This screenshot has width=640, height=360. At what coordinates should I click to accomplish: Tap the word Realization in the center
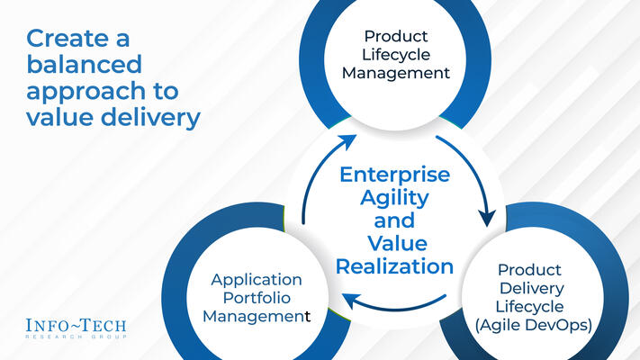391,266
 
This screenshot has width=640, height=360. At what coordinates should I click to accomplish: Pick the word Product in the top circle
405,37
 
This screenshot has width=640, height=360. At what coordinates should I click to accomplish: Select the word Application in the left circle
257,279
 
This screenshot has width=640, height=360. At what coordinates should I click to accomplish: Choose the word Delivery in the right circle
532,289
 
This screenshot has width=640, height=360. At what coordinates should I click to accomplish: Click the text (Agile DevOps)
532,327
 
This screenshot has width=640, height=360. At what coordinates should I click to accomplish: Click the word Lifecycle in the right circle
532,308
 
